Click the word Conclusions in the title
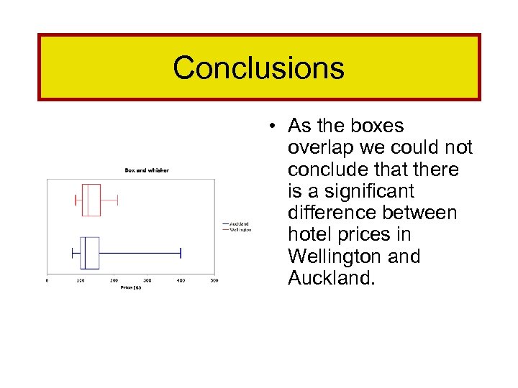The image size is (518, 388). click(x=258, y=68)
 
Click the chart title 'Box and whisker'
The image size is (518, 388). click(x=147, y=170)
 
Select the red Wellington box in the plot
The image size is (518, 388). click(x=91, y=200)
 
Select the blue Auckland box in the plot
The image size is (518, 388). click(x=90, y=252)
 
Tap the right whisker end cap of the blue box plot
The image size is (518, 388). click(x=181, y=252)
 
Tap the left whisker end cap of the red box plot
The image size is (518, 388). click(x=76, y=200)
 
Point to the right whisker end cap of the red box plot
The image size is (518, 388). click(x=117, y=200)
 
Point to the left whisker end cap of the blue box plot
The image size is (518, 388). click(x=73, y=252)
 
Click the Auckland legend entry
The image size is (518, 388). click(x=239, y=223)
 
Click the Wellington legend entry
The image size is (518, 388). click(x=240, y=230)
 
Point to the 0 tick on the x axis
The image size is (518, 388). click(x=47, y=280)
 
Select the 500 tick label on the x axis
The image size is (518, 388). click(x=214, y=280)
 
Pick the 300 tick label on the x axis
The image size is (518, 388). click(x=147, y=280)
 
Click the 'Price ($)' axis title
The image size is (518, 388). click(x=130, y=287)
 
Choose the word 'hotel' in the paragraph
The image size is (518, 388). click(x=309, y=234)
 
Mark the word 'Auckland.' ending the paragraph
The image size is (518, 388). click(x=331, y=278)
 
